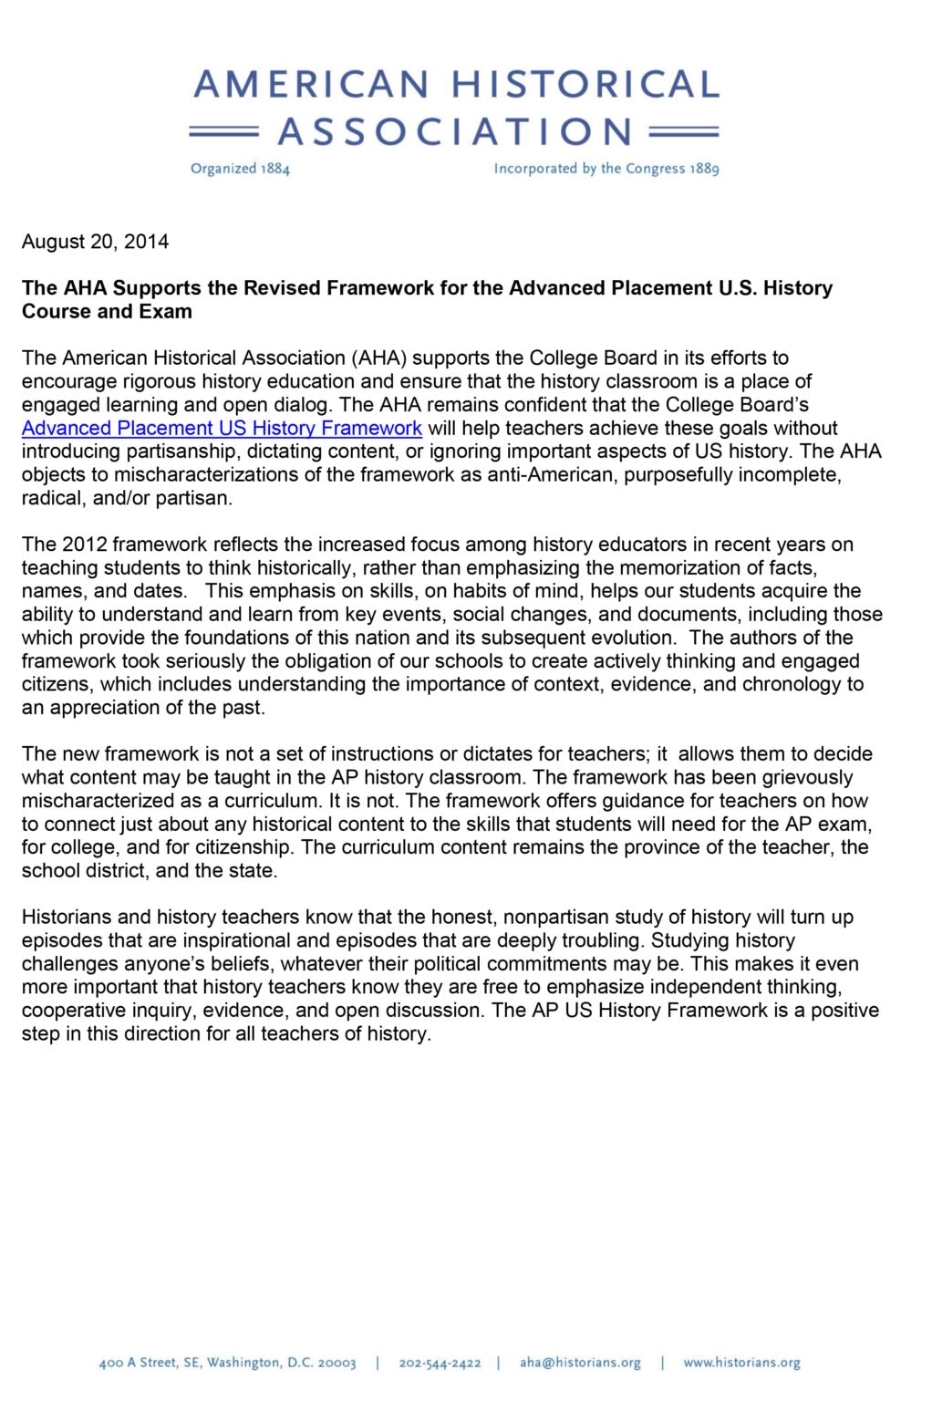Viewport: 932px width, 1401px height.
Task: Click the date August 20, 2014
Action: click(95, 242)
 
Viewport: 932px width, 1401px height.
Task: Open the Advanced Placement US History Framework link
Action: click(222, 428)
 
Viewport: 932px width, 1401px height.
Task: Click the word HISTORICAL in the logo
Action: click(585, 85)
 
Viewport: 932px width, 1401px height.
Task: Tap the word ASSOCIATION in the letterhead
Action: click(455, 132)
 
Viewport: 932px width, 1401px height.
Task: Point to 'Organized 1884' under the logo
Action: click(240, 169)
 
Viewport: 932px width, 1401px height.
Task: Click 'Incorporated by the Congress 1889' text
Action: click(606, 169)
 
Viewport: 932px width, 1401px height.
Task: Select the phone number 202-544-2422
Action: click(440, 1363)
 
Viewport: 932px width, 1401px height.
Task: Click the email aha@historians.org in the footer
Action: click(580, 1363)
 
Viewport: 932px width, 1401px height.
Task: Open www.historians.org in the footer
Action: click(741, 1363)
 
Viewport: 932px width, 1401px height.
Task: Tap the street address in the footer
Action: click(227, 1363)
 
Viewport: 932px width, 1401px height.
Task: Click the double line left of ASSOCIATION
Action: click(223, 132)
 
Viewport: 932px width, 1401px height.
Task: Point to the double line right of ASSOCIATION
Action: click(684, 132)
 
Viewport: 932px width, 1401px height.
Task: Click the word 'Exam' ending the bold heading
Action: click(168, 311)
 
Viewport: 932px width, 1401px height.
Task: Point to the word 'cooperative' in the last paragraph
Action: click(73, 1010)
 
